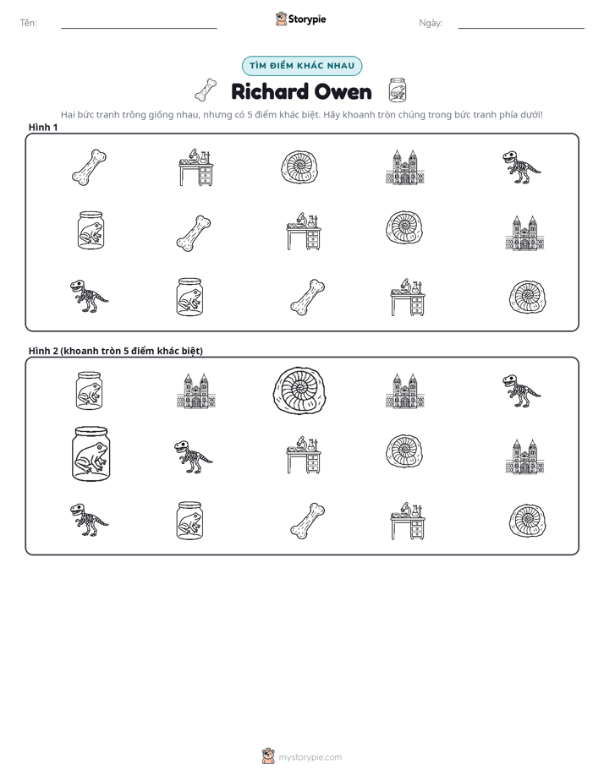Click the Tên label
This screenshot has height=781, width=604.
tap(28, 23)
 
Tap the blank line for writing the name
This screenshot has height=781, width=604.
tap(139, 28)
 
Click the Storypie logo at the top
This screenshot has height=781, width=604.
tap(300, 19)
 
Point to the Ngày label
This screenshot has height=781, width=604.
tap(431, 23)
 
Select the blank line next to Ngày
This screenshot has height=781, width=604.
tap(521, 28)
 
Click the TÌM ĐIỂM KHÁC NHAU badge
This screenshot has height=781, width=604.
tap(302, 66)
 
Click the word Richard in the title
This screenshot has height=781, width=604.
tap(270, 92)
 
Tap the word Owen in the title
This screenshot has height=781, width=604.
tap(343, 92)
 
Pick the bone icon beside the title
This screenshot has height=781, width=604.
tap(206, 90)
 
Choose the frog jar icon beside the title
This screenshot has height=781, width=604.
tap(398, 90)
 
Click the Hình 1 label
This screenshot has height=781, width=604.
tap(43, 128)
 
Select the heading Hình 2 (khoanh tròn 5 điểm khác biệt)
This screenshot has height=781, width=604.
tap(116, 351)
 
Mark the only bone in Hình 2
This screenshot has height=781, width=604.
tap(307, 521)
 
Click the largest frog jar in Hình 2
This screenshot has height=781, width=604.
tap(91, 454)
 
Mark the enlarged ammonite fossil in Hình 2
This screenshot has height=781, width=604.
tap(299, 391)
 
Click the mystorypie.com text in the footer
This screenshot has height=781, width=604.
tap(310, 757)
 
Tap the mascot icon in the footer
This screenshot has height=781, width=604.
tap(268, 756)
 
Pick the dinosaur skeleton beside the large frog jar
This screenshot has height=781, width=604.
tap(194, 456)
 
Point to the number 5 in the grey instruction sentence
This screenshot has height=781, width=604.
tap(250, 115)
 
